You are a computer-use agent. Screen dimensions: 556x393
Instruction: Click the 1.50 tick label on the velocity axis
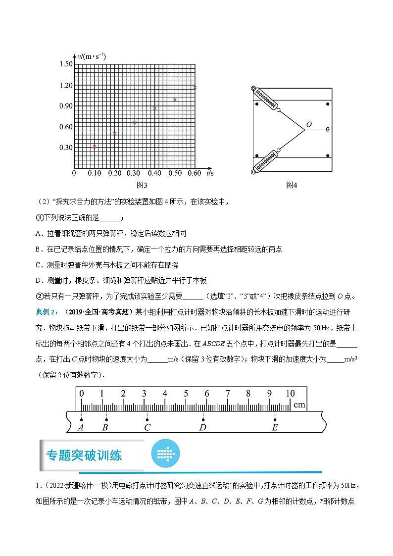tap(66, 64)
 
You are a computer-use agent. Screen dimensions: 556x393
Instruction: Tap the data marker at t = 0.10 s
tap(95, 146)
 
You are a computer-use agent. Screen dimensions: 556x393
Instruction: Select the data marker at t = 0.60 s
tap(195, 88)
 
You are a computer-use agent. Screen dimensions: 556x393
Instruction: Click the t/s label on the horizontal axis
tap(210, 173)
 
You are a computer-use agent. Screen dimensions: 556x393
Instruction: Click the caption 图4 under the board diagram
tap(292, 185)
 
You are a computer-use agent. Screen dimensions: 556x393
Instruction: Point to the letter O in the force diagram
tap(309, 125)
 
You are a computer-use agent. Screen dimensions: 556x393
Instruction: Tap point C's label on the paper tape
tap(147, 427)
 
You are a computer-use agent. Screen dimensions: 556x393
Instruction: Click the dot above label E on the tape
tap(275, 420)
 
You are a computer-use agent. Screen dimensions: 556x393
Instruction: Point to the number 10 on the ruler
tap(290, 394)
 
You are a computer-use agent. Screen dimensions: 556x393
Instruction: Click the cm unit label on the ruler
tap(299, 405)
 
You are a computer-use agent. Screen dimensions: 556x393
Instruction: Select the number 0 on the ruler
tap(82, 394)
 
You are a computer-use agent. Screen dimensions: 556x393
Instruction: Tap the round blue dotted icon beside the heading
tap(166, 453)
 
